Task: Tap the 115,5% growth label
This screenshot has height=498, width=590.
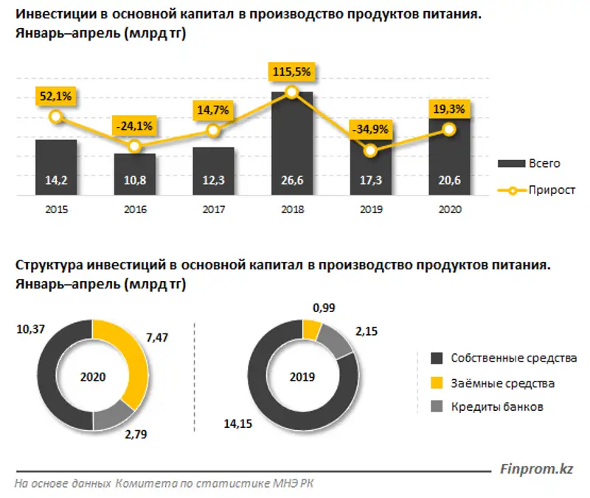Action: point(292,72)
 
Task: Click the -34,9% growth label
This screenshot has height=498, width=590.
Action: point(370,129)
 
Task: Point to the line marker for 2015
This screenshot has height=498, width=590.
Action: point(55,117)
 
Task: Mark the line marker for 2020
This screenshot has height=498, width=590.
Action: point(449,129)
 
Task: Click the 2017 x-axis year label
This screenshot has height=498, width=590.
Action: point(213,210)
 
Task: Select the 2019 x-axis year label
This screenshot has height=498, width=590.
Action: point(371,210)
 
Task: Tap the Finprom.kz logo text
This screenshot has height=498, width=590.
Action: point(536,468)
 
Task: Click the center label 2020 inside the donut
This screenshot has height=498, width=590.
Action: point(92,376)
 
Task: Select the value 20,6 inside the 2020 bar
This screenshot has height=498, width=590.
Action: point(449,179)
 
